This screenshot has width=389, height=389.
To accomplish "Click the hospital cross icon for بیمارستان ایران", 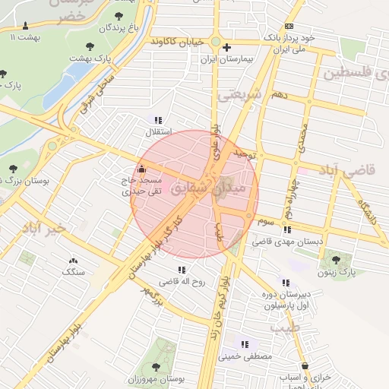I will coord(226,47).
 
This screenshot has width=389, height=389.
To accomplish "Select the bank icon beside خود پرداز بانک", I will coord(288,27).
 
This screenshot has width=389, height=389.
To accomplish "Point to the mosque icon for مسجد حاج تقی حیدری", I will coord(142,169).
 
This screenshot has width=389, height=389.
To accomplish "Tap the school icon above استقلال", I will coord(158,119).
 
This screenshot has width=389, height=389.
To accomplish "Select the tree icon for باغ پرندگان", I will coord(119,15).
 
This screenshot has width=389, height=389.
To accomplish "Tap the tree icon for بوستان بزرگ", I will coord(11,168).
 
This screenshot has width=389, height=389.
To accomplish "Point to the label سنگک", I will coord(74,270).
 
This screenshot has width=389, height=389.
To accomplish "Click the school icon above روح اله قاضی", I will coord(181,269).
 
